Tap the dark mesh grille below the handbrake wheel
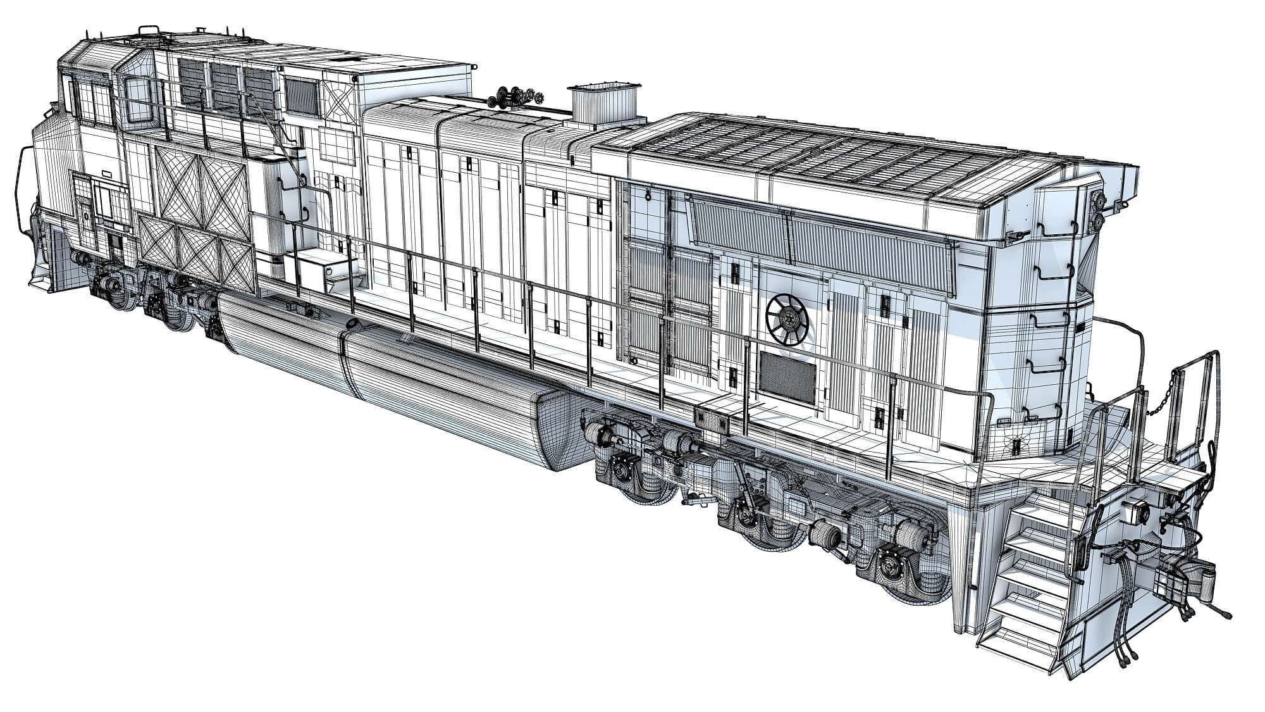tap(787, 377)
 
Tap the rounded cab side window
tap(139, 100)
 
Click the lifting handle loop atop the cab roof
tap(148, 30)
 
